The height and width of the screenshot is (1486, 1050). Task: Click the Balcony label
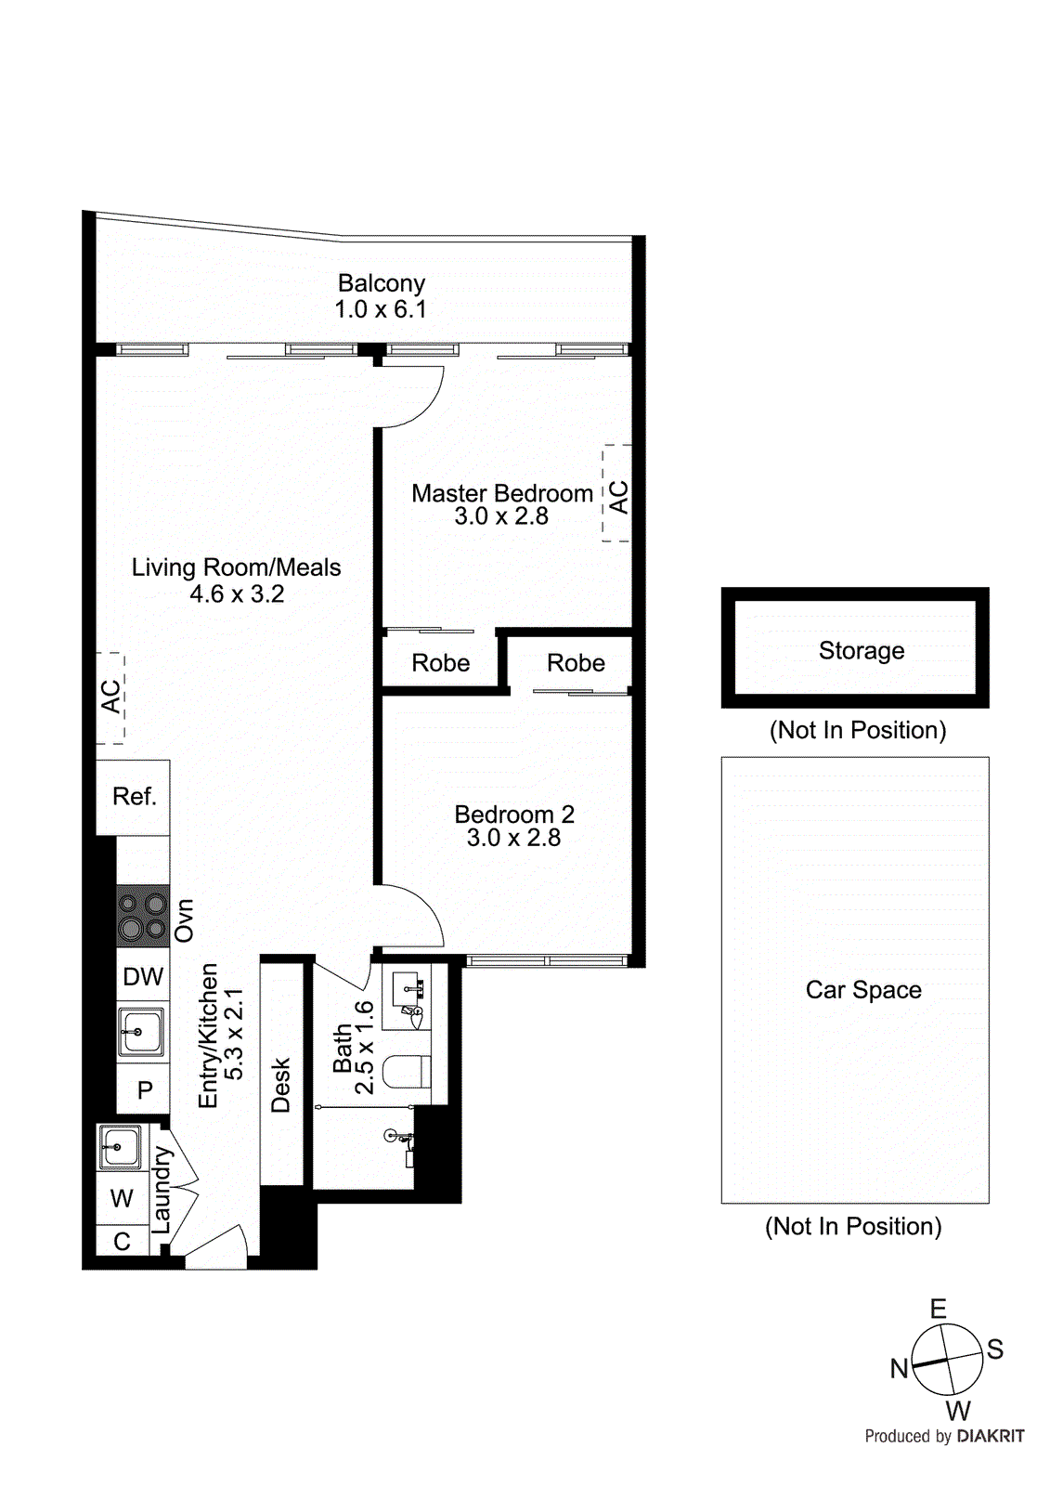coord(381,283)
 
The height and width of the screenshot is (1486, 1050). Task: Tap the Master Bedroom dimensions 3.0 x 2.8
coord(501,517)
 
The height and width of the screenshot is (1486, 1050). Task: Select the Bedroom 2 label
coord(514,815)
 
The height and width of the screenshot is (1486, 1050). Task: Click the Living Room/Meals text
coord(236,567)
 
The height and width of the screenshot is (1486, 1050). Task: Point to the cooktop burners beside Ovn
coord(142,916)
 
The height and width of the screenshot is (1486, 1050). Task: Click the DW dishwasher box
coord(143,976)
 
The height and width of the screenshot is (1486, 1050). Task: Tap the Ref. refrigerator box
coord(134,797)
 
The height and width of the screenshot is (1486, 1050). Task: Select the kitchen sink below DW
coord(141,1032)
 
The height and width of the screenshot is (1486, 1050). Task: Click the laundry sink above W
coord(120,1146)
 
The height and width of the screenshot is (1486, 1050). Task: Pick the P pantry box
coord(144,1089)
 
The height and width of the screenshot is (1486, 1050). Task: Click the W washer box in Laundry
coord(122,1198)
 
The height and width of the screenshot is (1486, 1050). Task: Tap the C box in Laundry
coord(122,1242)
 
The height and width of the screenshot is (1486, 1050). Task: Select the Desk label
coord(280,1085)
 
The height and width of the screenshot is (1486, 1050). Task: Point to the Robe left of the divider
coord(440,663)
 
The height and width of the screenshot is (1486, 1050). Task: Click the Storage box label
coord(861,650)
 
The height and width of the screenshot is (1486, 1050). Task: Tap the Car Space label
coord(863,990)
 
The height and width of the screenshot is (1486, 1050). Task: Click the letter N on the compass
coord(899,1368)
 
